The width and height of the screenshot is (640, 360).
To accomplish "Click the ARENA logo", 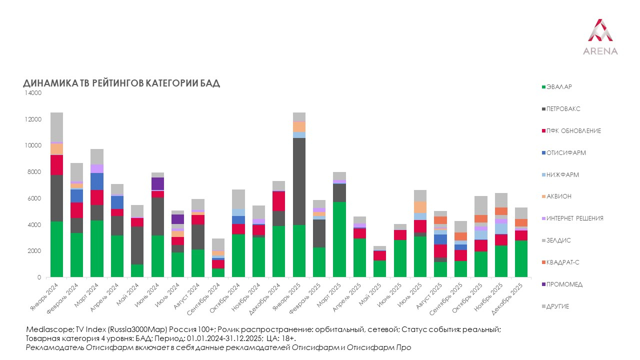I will click(600, 37).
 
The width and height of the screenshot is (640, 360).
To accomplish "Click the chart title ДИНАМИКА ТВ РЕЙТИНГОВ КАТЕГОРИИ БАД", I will click(121, 83).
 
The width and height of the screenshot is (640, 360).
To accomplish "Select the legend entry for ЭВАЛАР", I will click(559, 87).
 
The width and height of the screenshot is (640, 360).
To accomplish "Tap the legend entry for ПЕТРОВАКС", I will click(563, 109).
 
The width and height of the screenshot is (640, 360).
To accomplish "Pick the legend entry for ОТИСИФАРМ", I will click(565, 153).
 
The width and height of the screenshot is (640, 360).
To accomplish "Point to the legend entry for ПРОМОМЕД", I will click(564, 284).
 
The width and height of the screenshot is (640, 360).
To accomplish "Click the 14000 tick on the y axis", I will click(34, 93).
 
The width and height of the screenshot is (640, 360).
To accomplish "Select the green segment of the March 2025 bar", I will click(339, 239).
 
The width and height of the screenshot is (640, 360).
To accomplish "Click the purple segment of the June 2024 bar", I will click(158, 183).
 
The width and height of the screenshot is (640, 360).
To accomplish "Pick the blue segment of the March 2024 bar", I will click(97, 181).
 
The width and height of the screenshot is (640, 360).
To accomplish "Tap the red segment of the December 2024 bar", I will click(279, 201).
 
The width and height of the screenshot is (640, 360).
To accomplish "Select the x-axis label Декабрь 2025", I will click(508, 296).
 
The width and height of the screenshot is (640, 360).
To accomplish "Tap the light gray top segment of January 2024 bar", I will click(56, 127).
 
